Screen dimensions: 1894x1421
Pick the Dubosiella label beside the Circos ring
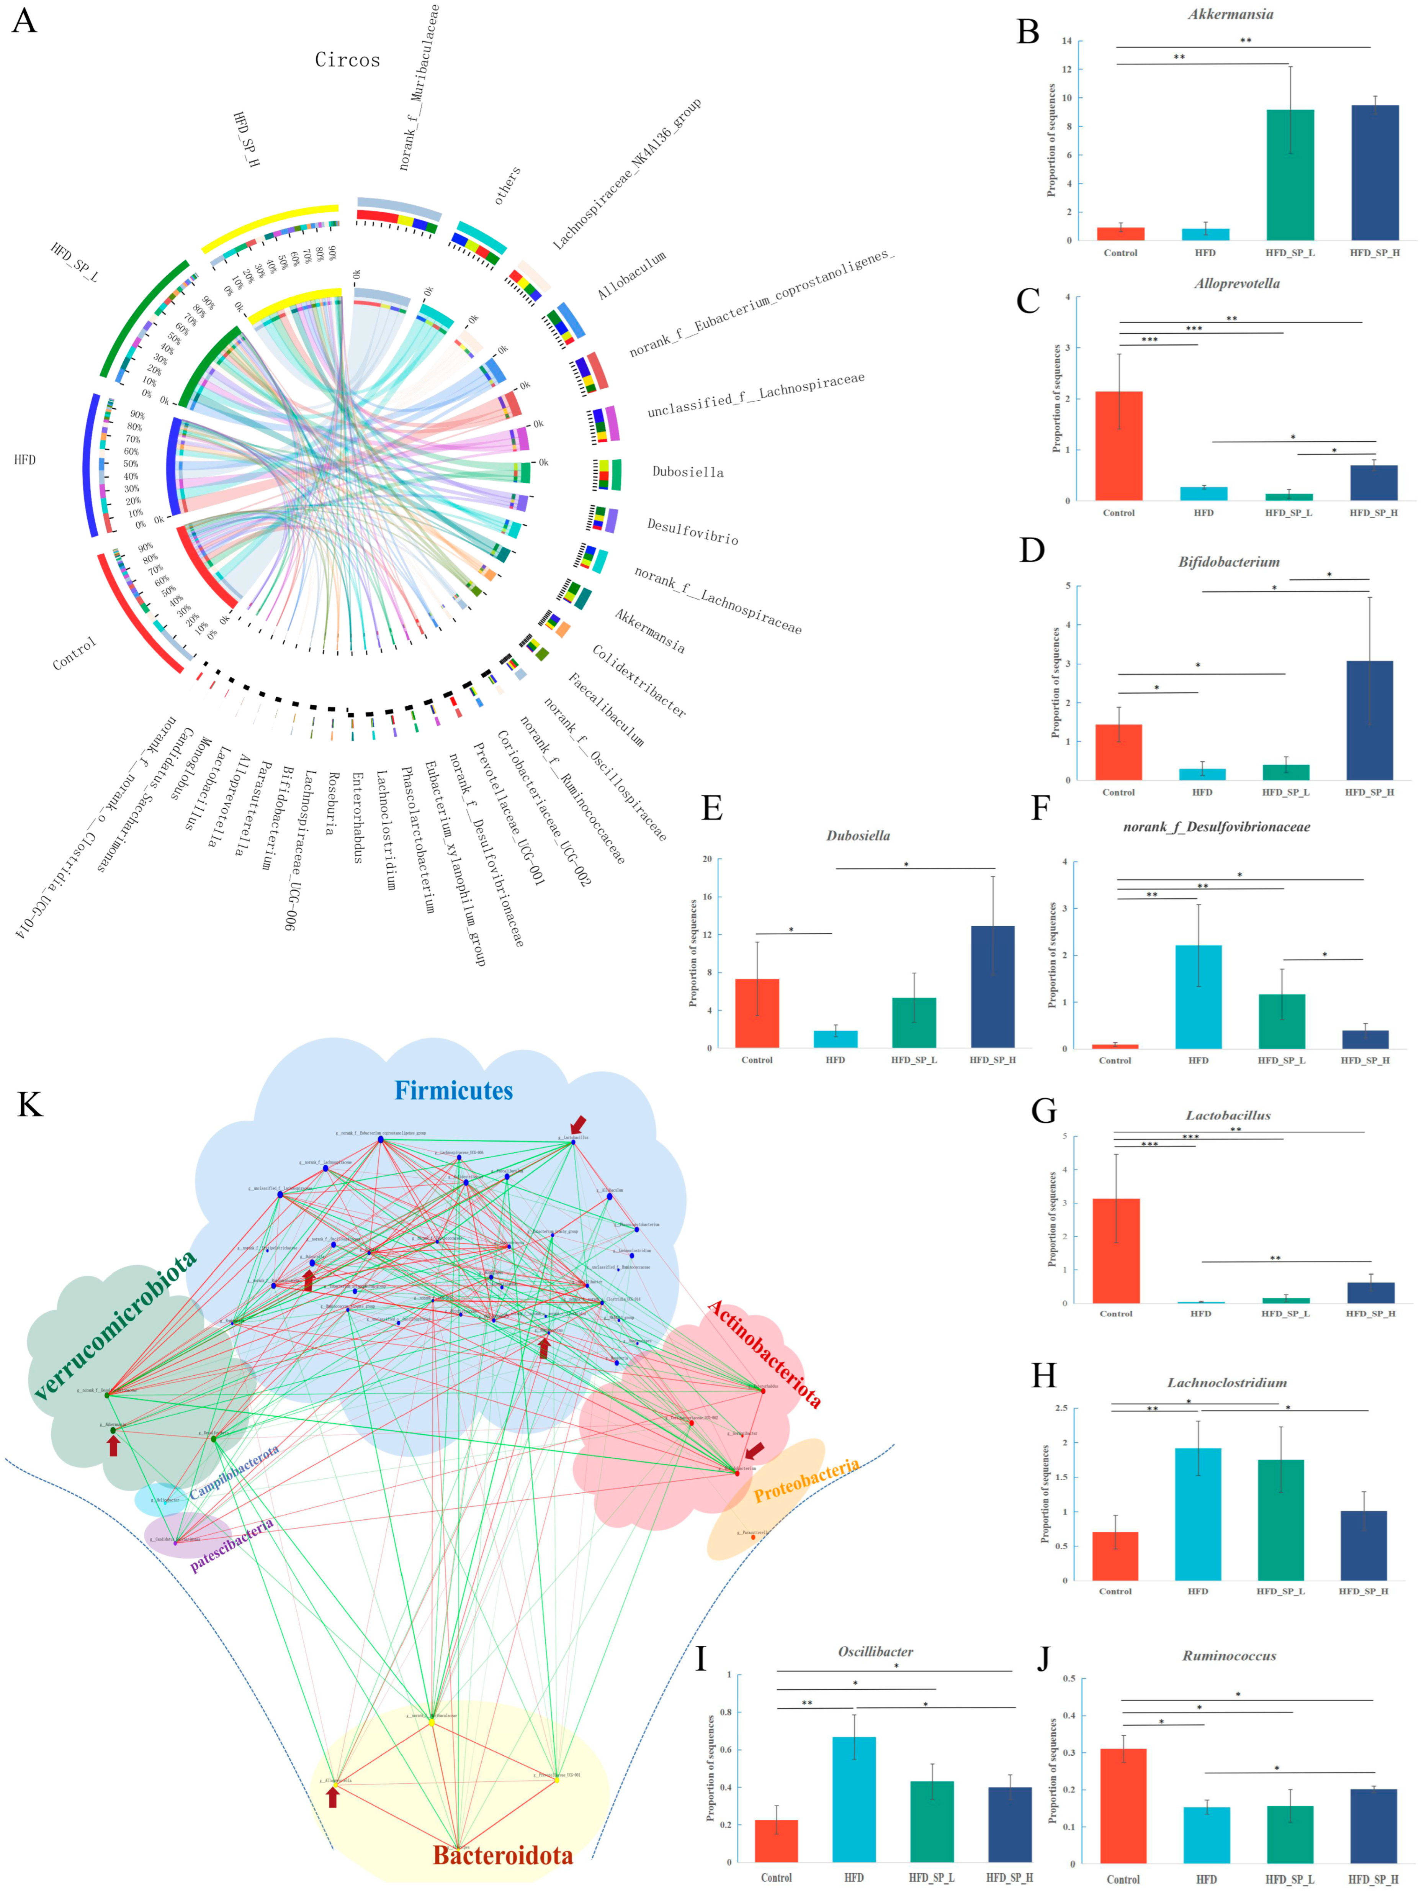pyautogui.click(x=687, y=472)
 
